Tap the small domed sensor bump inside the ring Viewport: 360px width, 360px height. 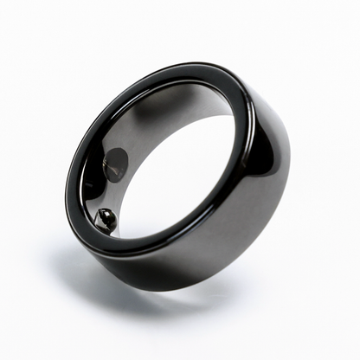[x=106, y=220]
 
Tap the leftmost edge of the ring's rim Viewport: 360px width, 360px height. [x=65, y=186]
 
